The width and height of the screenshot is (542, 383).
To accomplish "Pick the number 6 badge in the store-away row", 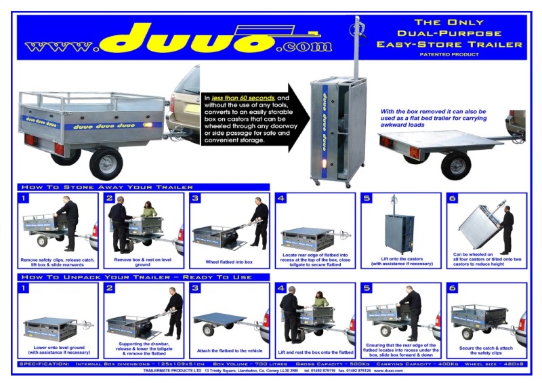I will click(453, 199).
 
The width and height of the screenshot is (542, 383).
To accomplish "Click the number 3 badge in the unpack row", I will click(196, 289).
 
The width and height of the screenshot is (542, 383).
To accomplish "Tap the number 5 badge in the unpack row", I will click(367, 289).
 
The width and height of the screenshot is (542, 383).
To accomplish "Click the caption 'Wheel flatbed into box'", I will click(229, 262).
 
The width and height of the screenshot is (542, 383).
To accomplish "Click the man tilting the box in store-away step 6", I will click(506, 227).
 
